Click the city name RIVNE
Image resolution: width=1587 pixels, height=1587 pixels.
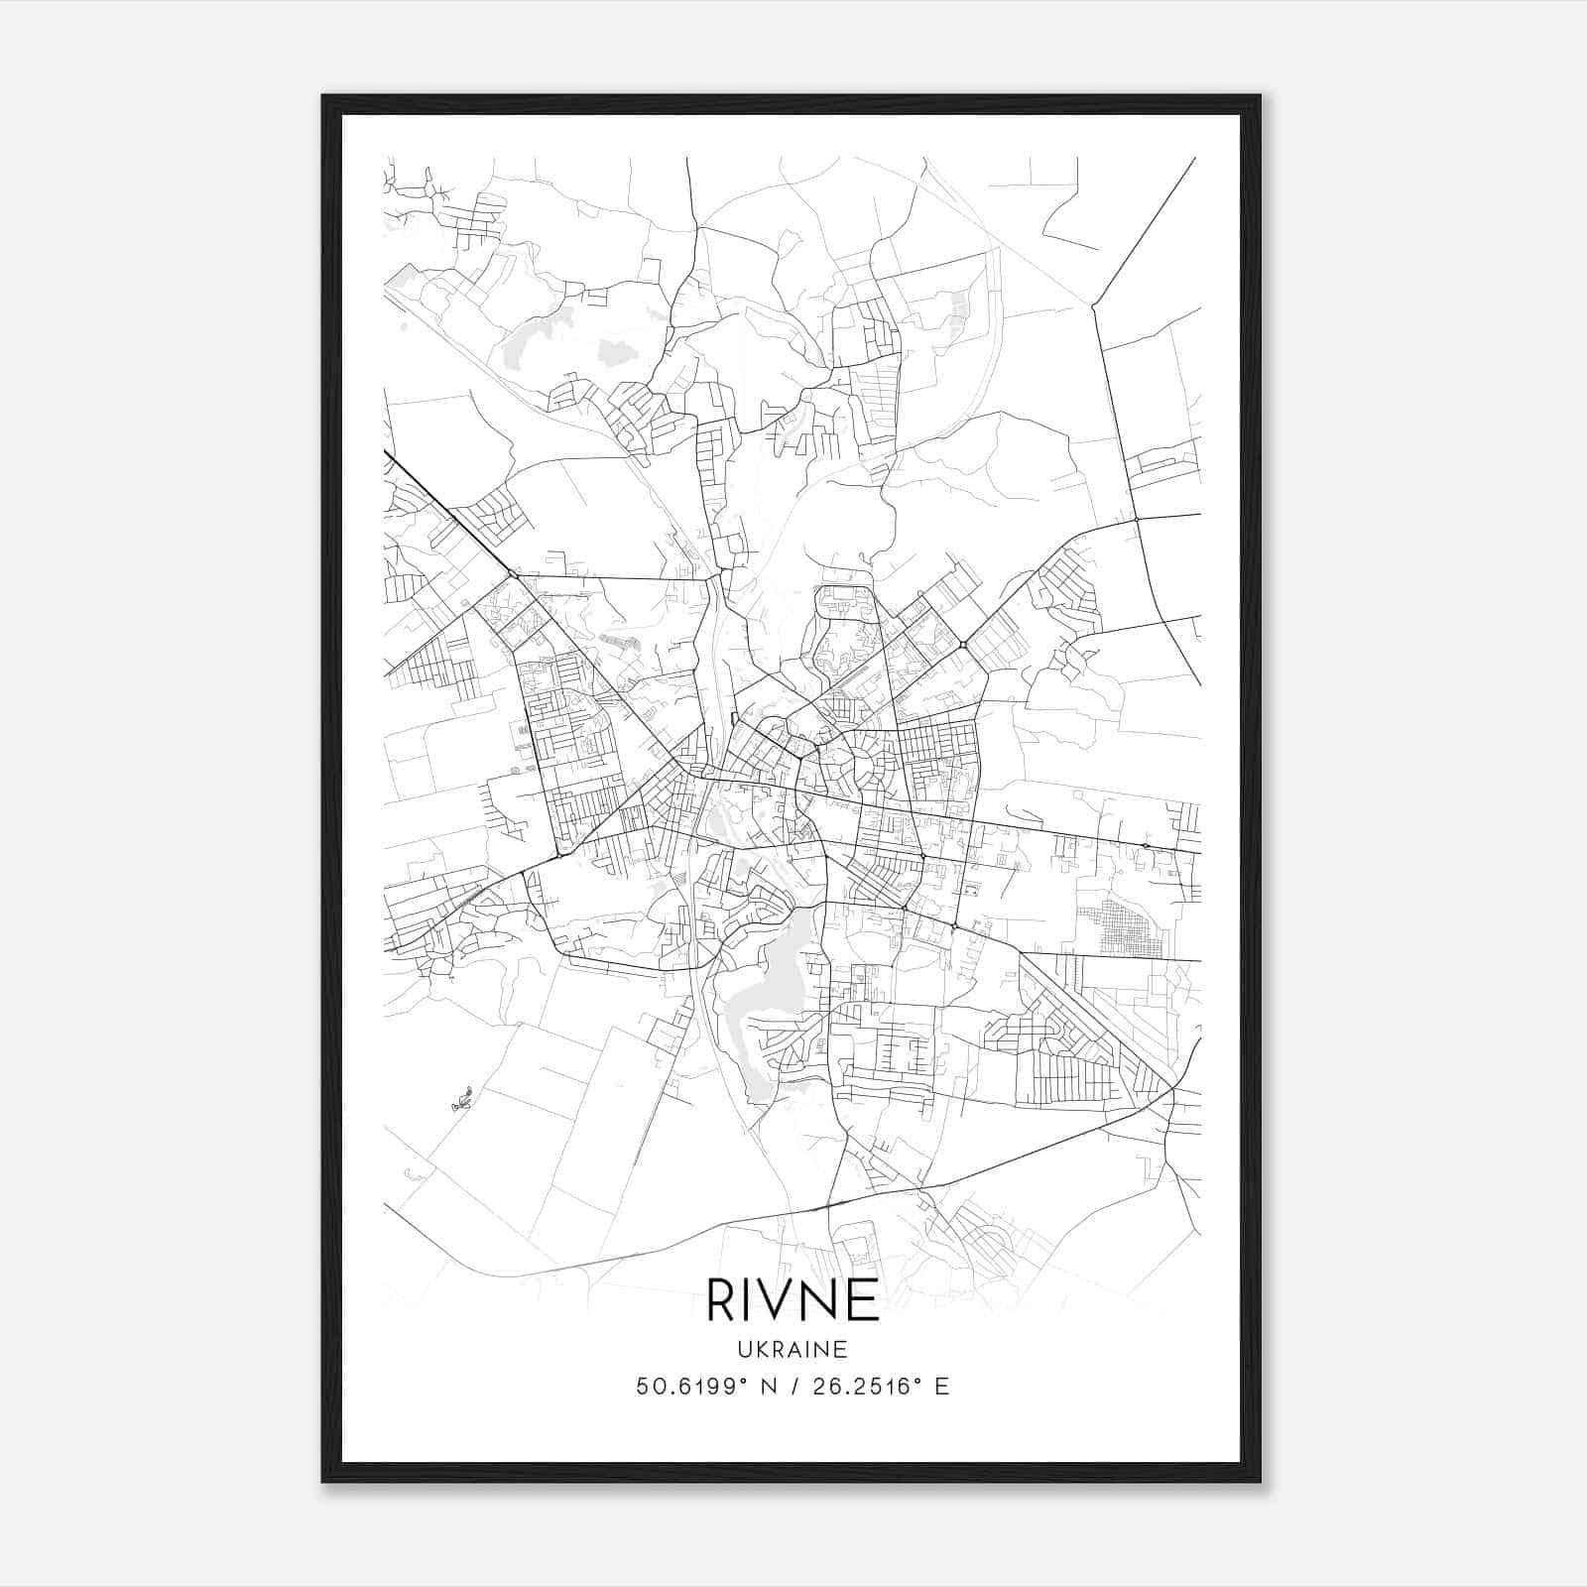coord(793,1299)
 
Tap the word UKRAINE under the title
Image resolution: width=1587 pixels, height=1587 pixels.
coord(793,1350)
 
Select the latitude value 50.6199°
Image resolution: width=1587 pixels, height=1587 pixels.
coord(690,1387)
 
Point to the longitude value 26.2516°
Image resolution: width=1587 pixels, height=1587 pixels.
coord(865,1387)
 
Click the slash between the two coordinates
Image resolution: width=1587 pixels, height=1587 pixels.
coord(793,1387)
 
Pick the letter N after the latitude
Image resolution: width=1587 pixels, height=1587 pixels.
coord(767,1387)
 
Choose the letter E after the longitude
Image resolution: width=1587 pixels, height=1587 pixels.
coord(942,1387)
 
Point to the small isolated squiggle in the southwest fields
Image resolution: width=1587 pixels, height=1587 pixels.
coord(461,1098)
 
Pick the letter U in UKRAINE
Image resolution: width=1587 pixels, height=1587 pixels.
coord(744,1350)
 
